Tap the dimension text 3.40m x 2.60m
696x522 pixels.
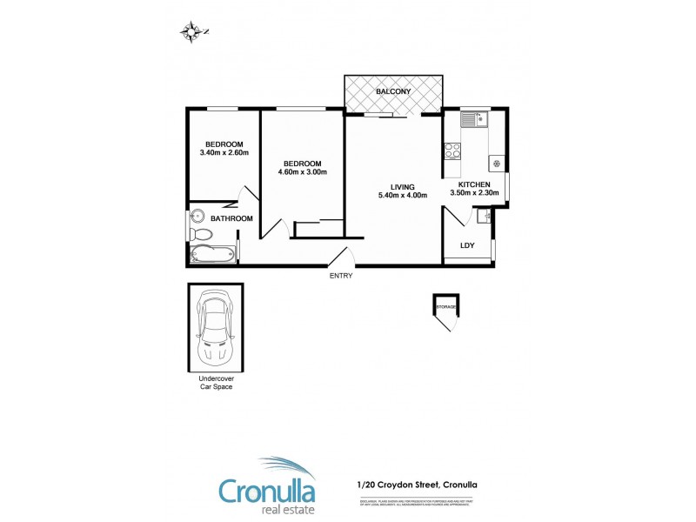[x=224, y=153]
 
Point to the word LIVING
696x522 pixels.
[x=402, y=186]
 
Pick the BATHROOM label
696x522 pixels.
[x=231, y=218]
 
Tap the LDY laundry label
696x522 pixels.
[x=467, y=246]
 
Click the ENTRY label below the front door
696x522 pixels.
[x=341, y=276]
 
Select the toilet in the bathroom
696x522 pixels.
[x=199, y=235]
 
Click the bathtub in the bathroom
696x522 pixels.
[x=212, y=255]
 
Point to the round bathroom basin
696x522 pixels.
[x=197, y=217]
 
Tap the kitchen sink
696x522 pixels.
[x=475, y=119]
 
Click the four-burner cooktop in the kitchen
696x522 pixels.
[x=452, y=151]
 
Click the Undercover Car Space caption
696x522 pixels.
[x=214, y=383]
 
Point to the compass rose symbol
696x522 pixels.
[x=191, y=32]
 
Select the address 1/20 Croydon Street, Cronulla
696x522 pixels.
[x=418, y=485]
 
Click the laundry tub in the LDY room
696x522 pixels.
[x=485, y=214]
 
